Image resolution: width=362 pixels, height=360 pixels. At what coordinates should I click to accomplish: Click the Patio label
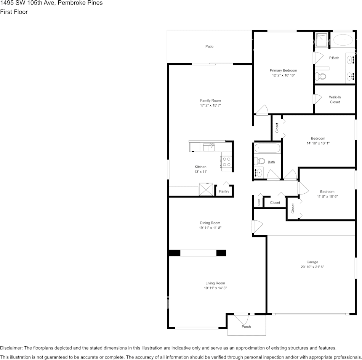click(x=209, y=46)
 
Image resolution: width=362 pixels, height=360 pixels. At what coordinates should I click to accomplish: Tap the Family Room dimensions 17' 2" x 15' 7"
click(x=210, y=105)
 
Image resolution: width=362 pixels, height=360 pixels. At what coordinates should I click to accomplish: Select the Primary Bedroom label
click(x=283, y=70)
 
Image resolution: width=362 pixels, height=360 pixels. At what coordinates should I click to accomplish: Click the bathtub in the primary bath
click(x=343, y=39)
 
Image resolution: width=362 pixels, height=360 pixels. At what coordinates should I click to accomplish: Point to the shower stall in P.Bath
click(x=321, y=39)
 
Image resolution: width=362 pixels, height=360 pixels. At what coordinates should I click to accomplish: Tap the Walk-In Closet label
click(x=335, y=100)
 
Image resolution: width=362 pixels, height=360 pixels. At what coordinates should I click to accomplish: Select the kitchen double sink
click(x=209, y=147)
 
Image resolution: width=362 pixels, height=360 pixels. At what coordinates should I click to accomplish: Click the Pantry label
click(x=224, y=191)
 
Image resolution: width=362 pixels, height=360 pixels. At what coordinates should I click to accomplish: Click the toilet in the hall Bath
click(x=259, y=161)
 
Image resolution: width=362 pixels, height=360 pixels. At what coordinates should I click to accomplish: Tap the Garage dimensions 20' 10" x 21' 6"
click(x=312, y=267)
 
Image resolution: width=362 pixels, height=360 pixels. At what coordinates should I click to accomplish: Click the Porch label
click(x=246, y=327)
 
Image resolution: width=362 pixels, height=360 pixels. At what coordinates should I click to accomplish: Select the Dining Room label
click(x=210, y=223)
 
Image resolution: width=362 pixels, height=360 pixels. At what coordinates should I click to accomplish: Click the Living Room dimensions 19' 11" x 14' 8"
click(x=215, y=288)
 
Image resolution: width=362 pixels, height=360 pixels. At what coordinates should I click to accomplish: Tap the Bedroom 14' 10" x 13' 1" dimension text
click(x=318, y=143)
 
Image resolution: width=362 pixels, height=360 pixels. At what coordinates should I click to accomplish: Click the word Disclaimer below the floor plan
click(x=11, y=348)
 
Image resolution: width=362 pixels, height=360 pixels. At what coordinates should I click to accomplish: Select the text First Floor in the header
click(x=14, y=12)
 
